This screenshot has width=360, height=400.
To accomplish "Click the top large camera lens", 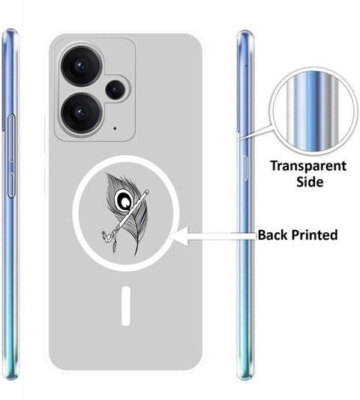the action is tap(82, 66).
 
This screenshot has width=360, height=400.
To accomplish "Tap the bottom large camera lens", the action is tap(82, 113).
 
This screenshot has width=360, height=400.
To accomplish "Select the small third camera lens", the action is tap(115, 90).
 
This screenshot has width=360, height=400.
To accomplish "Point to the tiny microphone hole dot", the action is tap(115, 128).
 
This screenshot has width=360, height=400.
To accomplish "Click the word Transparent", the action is tap(308, 166).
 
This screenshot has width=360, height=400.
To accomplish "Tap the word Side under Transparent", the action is tap(310, 182).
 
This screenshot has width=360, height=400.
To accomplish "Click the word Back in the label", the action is tap(273, 234).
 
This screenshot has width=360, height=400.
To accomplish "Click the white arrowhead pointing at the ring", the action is tap(178, 237).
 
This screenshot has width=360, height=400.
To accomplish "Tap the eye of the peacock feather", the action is tap(124, 200).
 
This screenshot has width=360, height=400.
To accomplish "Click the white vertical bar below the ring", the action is tap(126, 306).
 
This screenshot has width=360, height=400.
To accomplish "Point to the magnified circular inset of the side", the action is tap(313, 112).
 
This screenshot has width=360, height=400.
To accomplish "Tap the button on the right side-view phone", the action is tap(244, 168).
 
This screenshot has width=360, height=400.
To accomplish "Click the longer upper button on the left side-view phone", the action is tap(11, 139).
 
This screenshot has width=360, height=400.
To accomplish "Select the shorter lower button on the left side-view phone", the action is tap(10, 185).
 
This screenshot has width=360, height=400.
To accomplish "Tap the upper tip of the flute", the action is tap(147, 192).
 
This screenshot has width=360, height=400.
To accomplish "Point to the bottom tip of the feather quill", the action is tap(135, 255).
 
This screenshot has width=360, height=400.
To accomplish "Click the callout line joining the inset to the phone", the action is tap(256, 133).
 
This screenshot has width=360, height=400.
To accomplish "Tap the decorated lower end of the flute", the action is tap(107, 236).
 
